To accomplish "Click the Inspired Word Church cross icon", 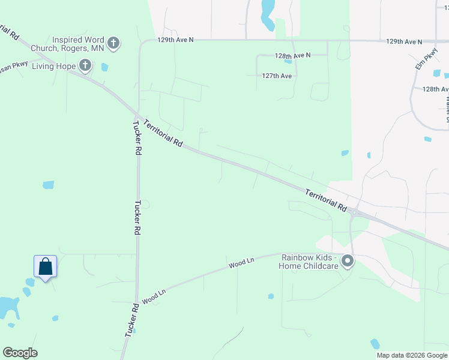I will (114, 43).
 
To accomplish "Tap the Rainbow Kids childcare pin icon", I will (347, 261).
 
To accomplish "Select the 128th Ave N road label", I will (293, 55).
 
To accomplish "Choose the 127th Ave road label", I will (277, 76).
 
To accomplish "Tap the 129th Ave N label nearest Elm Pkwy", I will (404, 42).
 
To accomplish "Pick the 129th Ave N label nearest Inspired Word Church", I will (175, 40).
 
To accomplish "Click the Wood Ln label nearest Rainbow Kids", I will (241, 262).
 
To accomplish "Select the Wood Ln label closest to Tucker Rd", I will (154, 295).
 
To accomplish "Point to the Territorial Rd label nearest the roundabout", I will (326, 200).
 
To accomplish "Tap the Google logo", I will (20, 353).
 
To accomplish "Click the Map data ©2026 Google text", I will (412, 355).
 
